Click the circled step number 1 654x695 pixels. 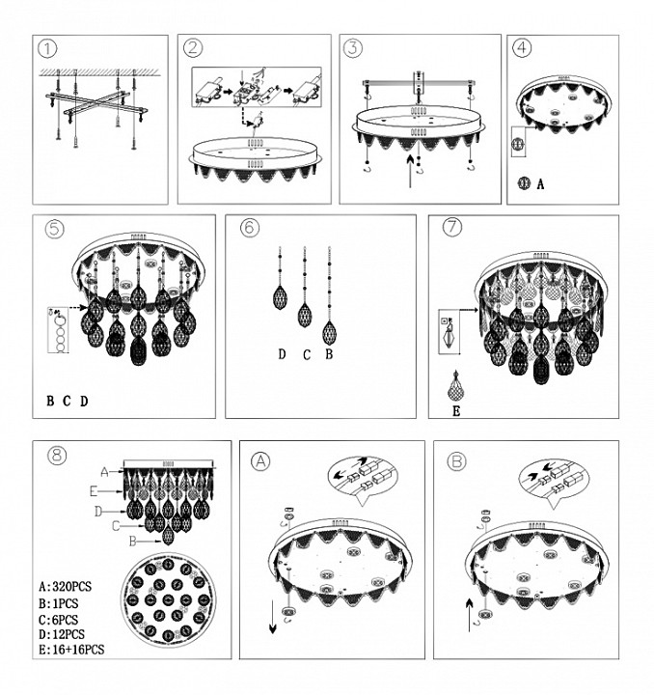tap(48, 48)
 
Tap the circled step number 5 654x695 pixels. tap(55, 229)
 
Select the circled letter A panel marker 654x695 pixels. tap(260, 461)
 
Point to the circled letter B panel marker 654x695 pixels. tap(456, 461)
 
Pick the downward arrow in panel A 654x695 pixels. tap(272, 617)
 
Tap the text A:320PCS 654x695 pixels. tap(65, 587)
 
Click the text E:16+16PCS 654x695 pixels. tap(71, 650)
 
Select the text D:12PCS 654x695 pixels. tap(62, 634)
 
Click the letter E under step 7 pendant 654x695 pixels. tap(456, 411)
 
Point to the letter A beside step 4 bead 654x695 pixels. tap(540, 184)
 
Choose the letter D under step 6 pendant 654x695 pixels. tap(282, 354)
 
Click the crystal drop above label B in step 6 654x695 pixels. tap(329, 333)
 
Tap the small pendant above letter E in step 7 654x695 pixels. tap(454, 386)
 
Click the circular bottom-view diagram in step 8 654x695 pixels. tap(168, 599)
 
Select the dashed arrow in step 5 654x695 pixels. tap(76, 307)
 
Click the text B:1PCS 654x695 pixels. tap(59, 603)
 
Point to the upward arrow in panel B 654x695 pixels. tap(470, 615)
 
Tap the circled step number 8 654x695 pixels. tap(57, 456)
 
